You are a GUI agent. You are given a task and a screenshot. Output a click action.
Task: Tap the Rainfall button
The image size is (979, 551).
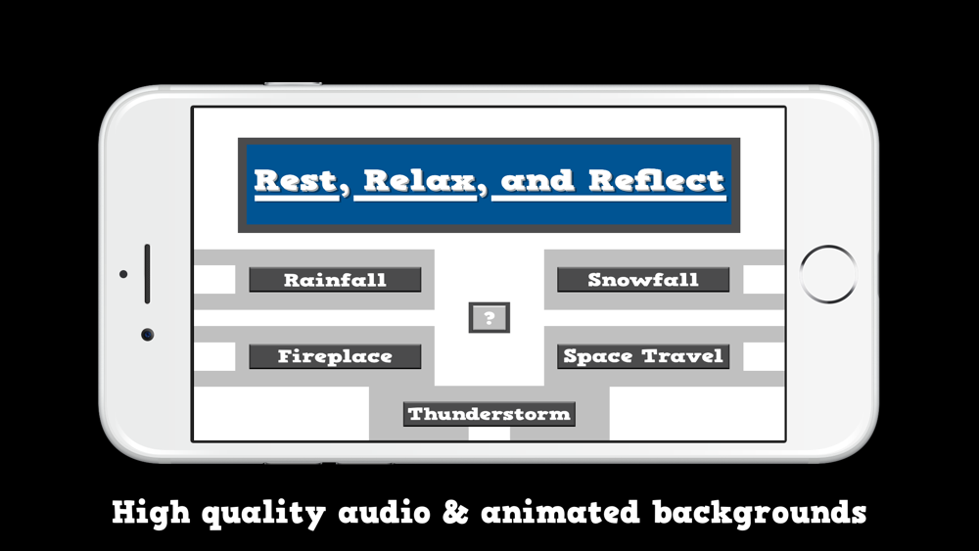pyautogui.click(x=335, y=280)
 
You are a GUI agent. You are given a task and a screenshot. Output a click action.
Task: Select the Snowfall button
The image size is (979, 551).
pyautogui.click(x=643, y=280)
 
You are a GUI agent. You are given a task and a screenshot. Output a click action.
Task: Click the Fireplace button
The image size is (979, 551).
pyautogui.click(x=335, y=356)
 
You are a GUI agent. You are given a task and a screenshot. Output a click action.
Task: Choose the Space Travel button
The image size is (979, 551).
pyautogui.click(x=643, y=356)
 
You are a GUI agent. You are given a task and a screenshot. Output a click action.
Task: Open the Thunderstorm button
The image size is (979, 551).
pyautogui.click(x=489, y=414)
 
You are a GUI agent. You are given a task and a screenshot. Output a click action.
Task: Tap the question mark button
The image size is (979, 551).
pyautogui.click(x=489, y=318)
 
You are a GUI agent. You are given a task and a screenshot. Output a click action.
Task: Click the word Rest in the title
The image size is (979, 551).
pyautogui.click(x=296, y=181)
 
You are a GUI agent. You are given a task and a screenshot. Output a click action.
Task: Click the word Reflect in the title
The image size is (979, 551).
pyautogui.click(x=657, y=181)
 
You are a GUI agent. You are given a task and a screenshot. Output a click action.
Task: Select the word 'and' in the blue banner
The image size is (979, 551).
pyautogui.click(x=536, y=181)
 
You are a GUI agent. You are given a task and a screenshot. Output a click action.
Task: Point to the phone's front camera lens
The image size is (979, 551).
pyautogui.click(x=148, y=335)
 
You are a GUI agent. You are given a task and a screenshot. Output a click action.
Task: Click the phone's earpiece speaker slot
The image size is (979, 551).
pyautogui.click(x=148, y=274)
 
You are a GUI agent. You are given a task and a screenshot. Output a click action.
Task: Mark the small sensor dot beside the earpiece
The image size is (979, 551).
pyautogui.click(x=123, y=274)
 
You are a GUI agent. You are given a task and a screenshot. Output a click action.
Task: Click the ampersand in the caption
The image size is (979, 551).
pyautogui.click(x=455, y=512)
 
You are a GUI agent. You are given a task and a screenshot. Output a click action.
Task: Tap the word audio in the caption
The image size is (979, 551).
pyautogui.click(x=384, y=512)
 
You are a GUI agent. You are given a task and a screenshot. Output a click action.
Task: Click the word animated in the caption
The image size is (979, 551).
pyautogui.click(x=561, y=512)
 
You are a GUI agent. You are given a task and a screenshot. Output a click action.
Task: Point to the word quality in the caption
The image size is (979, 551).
pyautogui.click(x=263, y=514)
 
